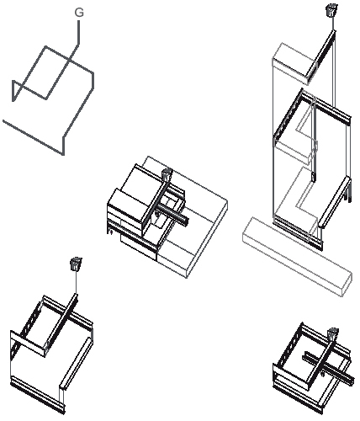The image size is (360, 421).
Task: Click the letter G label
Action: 79,13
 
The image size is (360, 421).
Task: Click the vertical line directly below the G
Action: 79,32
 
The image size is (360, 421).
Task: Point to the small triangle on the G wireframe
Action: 16,89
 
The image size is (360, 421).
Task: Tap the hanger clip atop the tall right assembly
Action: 331,10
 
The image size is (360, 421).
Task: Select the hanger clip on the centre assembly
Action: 167,174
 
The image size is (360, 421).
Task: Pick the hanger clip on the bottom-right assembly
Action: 333,334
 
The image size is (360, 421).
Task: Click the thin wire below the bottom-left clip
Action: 77,283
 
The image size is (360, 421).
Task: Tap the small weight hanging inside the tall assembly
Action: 313,178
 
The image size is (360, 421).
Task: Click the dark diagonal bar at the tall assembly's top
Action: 321,53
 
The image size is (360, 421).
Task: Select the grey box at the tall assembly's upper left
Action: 294,63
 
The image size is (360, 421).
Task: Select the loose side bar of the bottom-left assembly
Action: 76,364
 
